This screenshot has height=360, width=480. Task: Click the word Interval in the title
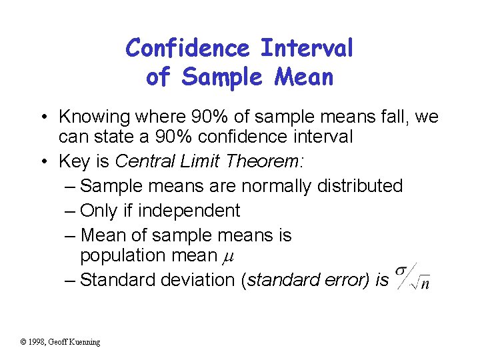(307, 48)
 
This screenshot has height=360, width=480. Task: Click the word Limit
(199, 161)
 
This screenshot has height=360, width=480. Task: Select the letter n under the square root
(424, 285)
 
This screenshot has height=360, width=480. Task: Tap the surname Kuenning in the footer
(86, 342)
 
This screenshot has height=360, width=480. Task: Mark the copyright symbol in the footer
(23, 342)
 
